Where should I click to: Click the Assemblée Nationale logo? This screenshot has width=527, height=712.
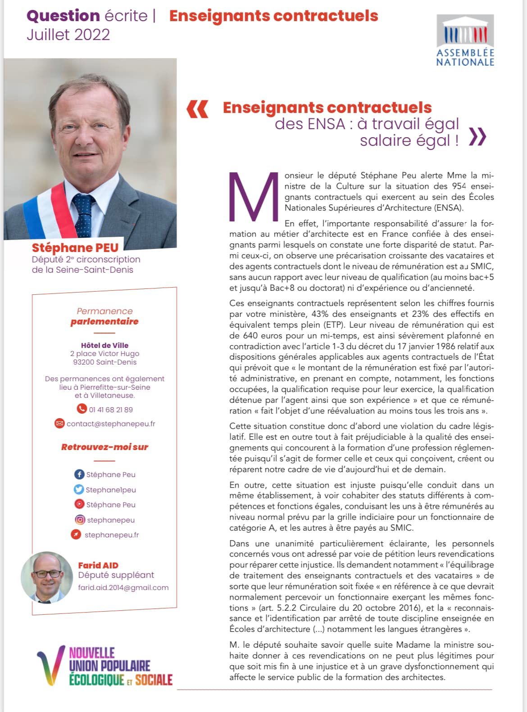(465, 41)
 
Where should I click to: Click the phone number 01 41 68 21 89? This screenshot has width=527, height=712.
(110, 410)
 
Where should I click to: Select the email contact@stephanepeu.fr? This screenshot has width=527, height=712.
(111, 424)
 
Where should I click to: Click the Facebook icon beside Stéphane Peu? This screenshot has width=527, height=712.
(79, 474)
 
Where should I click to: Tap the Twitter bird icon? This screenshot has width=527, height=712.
(79, 489)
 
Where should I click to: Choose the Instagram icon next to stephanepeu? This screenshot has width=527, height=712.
(80, 520)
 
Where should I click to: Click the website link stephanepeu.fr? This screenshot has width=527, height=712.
(111, 535)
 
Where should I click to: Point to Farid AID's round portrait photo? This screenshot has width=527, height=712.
(47, 577)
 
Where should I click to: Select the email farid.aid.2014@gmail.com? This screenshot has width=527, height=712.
(123, 587)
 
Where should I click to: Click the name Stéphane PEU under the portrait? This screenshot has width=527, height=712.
(75, 248)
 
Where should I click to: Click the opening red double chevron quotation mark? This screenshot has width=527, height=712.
(197, 109)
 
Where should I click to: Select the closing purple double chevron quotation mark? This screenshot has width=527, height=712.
(477, 137)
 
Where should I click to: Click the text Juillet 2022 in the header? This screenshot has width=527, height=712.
(68, 35)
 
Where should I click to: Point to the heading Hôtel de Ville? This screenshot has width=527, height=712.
(104, 345)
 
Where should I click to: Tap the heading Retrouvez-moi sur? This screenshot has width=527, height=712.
(104, 447)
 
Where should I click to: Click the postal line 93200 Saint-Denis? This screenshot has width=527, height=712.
(104, 362)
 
